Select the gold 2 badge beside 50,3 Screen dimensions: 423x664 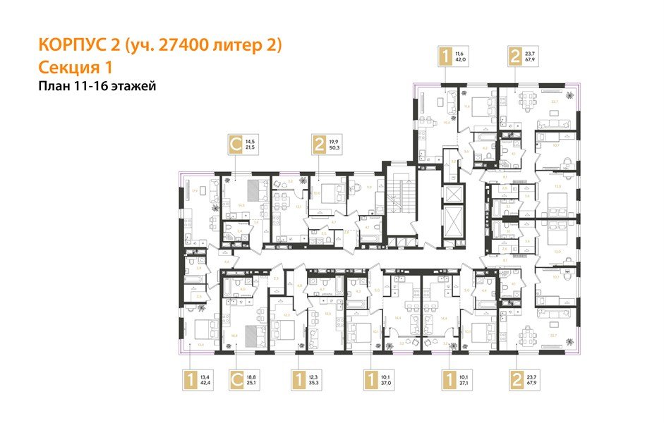pos(321,145)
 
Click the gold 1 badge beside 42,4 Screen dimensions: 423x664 pos(190,381)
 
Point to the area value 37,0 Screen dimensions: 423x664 pos(386,385)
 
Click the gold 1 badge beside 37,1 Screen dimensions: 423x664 pos(446,381)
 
